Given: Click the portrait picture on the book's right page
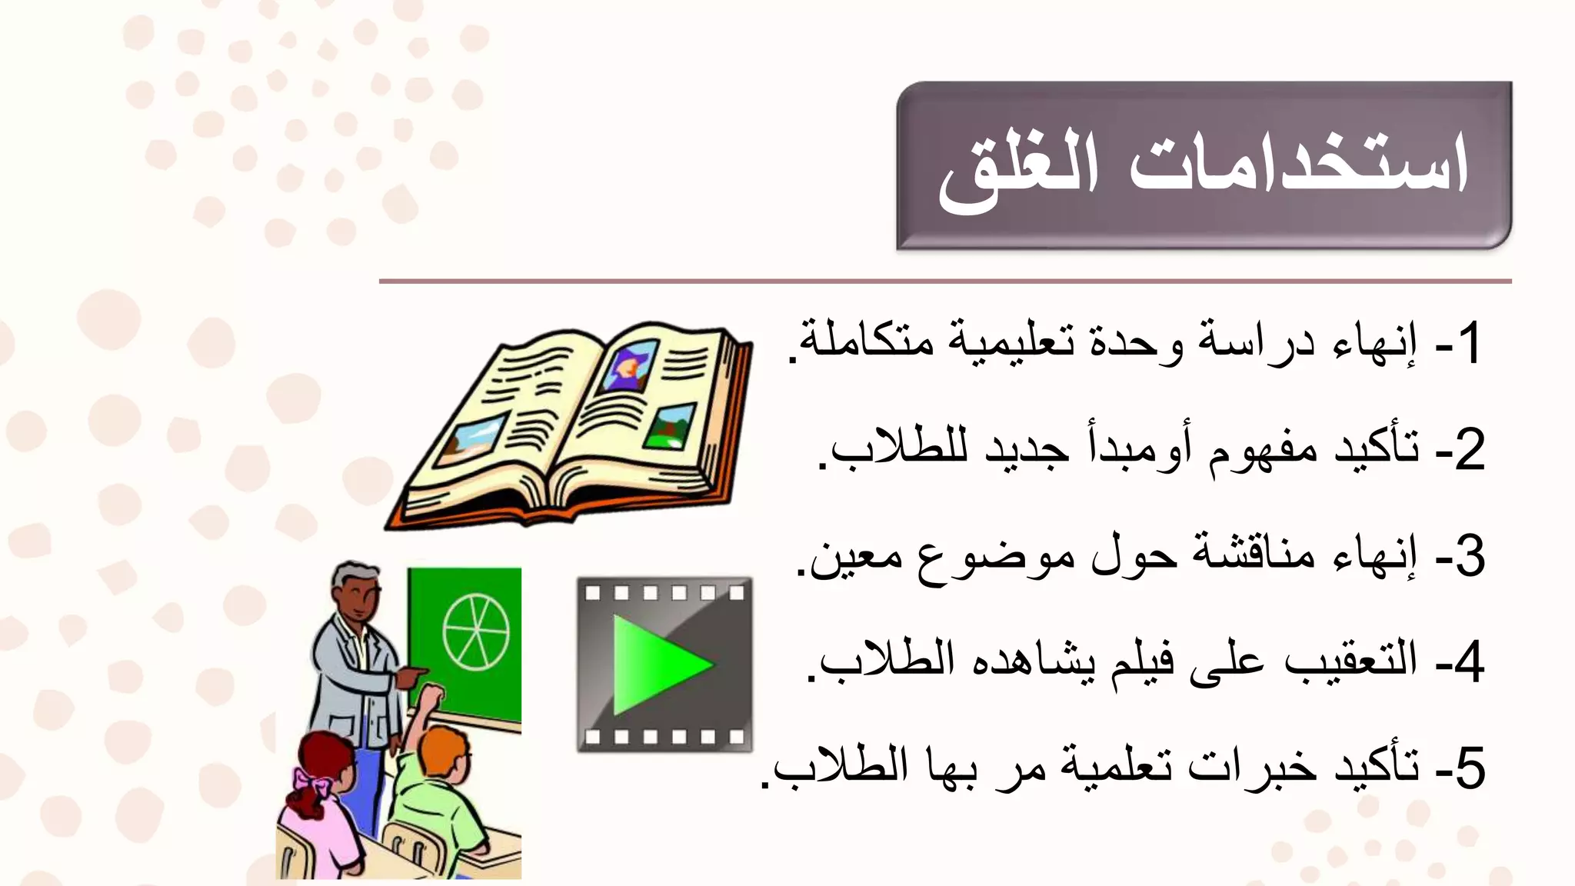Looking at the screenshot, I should tap(631, 365).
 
